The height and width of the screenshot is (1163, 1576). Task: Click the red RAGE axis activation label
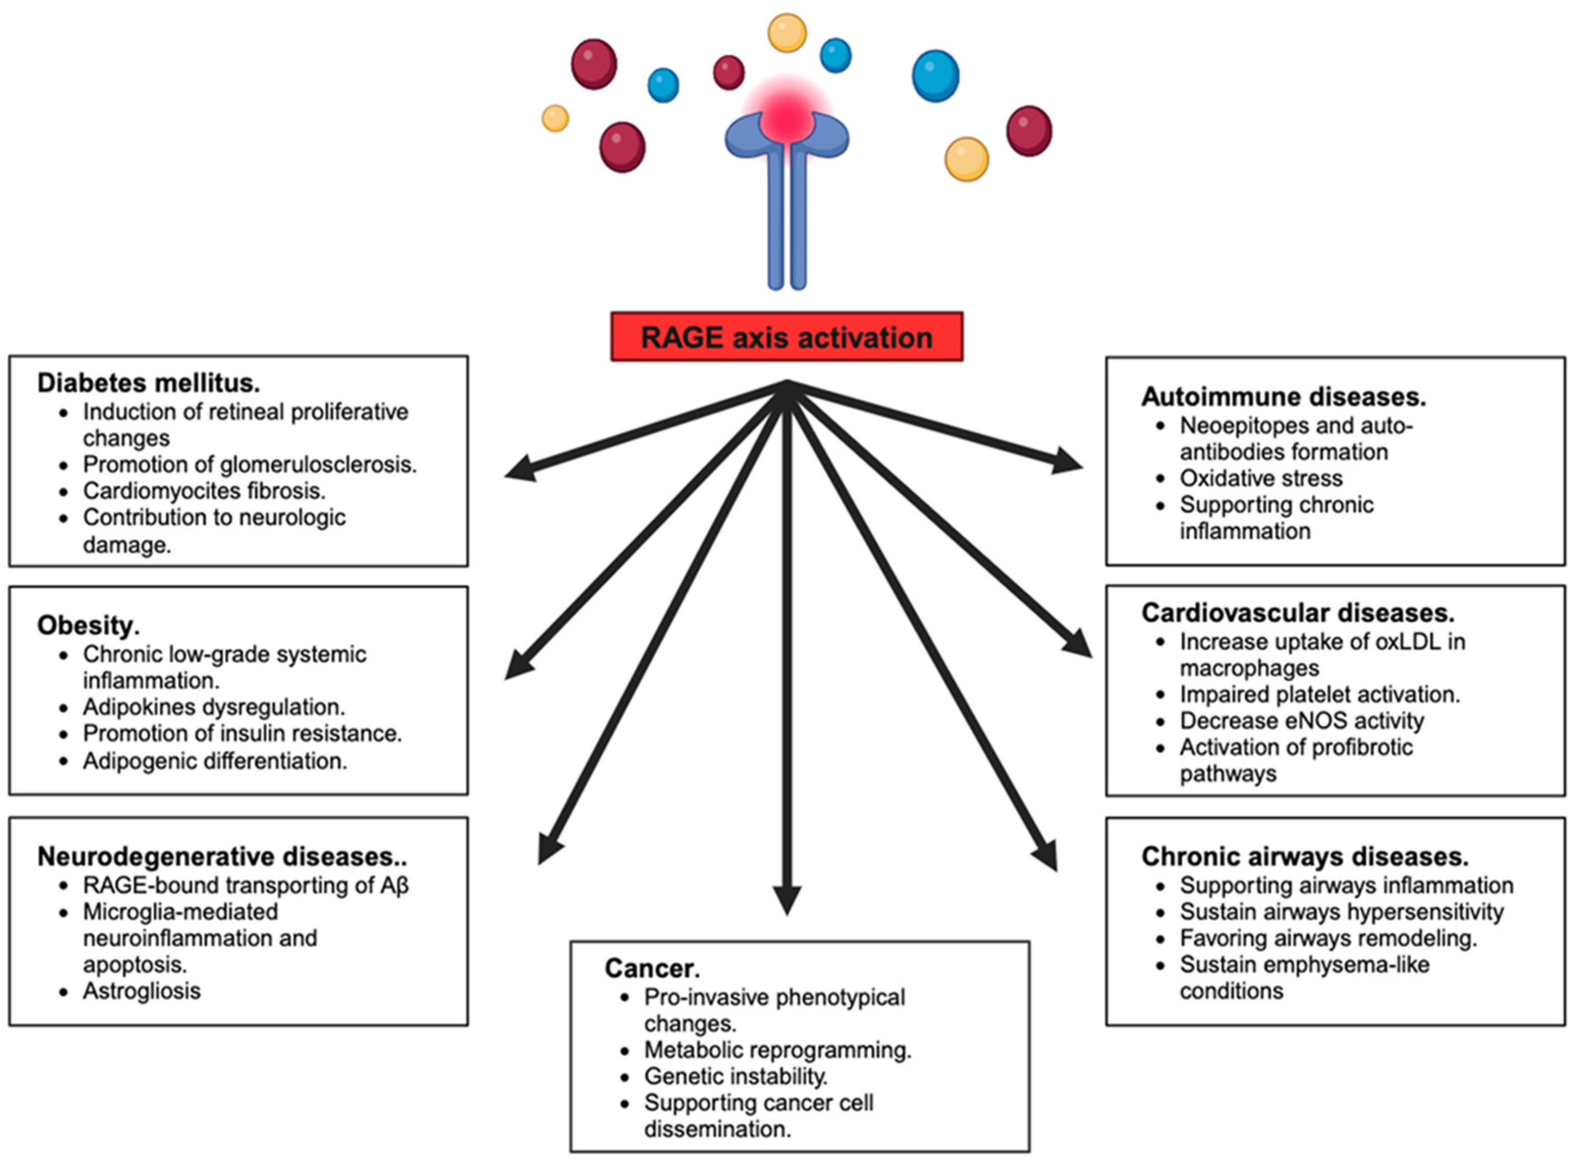786,337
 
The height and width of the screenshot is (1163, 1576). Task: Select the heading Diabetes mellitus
149,383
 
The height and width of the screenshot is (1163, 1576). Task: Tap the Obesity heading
89,625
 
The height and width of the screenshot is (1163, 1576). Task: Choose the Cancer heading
652,968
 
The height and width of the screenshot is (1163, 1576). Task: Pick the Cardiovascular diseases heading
1298,613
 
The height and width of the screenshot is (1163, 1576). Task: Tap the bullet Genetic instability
736,1076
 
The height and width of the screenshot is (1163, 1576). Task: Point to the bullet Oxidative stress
1261,479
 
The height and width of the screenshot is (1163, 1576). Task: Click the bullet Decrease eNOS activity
1302,721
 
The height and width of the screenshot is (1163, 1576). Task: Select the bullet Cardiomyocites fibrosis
204,491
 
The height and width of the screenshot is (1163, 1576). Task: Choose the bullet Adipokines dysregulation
214,707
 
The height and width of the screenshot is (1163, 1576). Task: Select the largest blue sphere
935,76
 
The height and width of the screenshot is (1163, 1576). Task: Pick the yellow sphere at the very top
787,33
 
